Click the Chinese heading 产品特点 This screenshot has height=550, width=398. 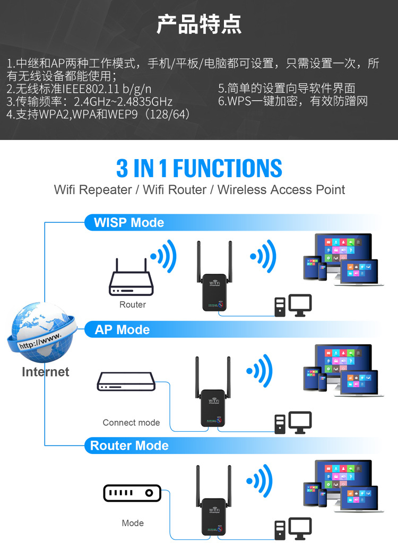(199, 24)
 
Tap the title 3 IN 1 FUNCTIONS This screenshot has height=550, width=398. (199, 168)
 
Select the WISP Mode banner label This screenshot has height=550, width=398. (129, 223)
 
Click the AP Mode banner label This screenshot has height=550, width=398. (122, 330)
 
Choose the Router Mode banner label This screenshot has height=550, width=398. (129, 446)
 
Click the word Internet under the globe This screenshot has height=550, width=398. (45, 372)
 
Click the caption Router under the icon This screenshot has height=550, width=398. (132, 305)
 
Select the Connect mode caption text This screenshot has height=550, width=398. (131, 423)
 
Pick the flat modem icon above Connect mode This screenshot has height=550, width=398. (126, 381)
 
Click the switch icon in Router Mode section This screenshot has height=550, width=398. (132, 493)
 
